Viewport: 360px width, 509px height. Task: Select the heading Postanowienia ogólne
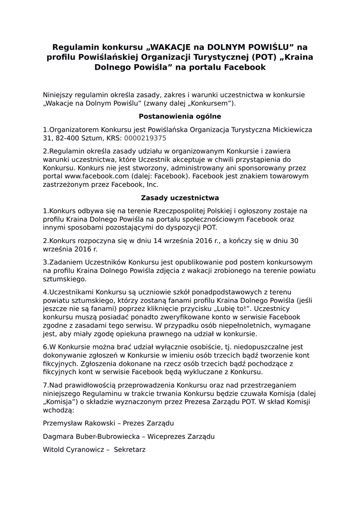pyautogui.click(x=180, y=116)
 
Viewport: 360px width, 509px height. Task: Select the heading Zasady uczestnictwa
pyautogui.click(x=180, y=198)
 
